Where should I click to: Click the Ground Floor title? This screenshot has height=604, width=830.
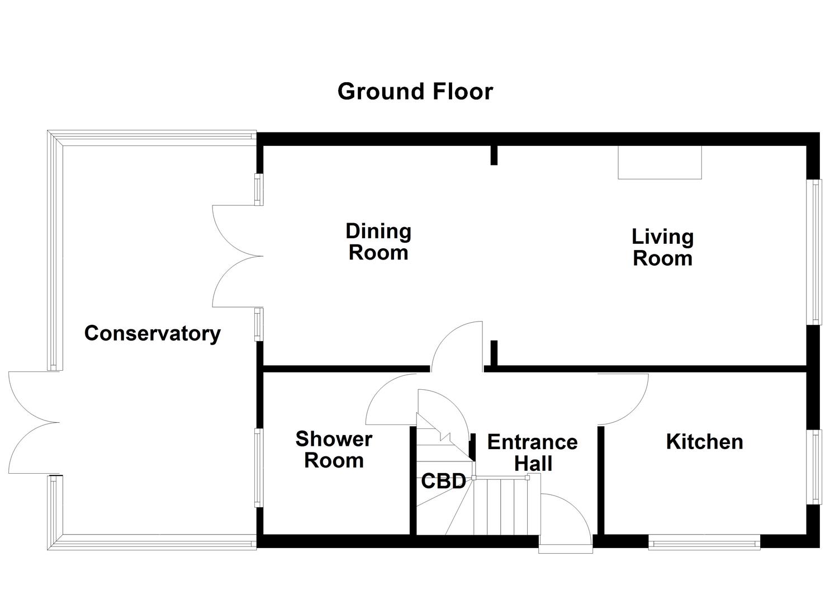415,91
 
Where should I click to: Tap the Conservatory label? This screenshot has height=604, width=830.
152,333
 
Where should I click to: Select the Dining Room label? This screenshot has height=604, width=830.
378,242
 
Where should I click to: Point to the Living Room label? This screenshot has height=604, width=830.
662,247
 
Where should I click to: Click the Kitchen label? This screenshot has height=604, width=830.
704,442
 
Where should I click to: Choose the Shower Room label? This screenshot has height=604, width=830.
334,450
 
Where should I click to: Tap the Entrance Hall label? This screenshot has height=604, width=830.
532,452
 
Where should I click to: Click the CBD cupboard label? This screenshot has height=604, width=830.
443,481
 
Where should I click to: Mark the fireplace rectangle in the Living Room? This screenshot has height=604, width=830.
660,162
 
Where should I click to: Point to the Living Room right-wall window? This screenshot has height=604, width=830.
817,252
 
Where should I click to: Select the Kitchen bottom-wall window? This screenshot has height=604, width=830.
704,541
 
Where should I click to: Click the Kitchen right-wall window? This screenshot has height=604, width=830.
817,467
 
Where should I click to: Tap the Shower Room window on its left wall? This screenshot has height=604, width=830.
258,468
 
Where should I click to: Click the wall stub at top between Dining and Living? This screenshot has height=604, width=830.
494,155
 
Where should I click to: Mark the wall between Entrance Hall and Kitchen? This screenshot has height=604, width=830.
601,481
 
